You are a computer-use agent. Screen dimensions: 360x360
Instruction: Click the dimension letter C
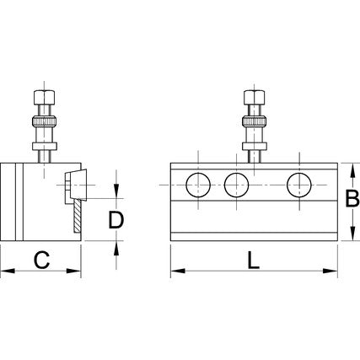[x=42, y=260]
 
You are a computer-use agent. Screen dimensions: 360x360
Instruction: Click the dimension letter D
[x=116, y=220]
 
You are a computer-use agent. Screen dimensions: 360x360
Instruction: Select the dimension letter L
[x=254, y=260]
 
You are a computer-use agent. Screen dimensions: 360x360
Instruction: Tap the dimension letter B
[x=352, y=199]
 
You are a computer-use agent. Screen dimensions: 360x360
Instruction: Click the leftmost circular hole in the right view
[x=198, y=185]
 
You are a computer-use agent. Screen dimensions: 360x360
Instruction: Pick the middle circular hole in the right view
[x=237, y=185]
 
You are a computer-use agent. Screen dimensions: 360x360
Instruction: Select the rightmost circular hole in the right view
[x=299, y=185]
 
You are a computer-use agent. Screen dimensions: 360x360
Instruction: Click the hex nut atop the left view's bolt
[x=44, y=97]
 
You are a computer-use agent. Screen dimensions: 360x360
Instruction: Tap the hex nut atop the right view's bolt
[x=255, y=97]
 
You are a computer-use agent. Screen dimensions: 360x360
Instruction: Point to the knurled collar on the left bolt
[x=45, y=121]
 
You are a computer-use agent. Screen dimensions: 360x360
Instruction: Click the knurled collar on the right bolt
[x=255, y=121]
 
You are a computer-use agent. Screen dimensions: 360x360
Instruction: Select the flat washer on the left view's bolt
[x=45, y=146]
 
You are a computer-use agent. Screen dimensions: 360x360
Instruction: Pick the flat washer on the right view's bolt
[x=255, y=146]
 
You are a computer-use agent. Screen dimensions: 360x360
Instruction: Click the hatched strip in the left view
[x=78, y=216]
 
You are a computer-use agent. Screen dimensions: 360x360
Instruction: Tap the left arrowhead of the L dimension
[x=178, y=271]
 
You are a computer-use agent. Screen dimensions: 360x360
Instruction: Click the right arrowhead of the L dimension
[x=330, y=271]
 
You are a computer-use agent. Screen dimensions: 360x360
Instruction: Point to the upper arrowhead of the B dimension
[x=352, y=170]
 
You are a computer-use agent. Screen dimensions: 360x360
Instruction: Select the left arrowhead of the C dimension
[x=8, y=271]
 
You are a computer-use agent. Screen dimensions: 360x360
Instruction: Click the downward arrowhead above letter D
[x=116, y=191]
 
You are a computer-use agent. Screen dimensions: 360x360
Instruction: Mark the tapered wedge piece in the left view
[x=78, y=185]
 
